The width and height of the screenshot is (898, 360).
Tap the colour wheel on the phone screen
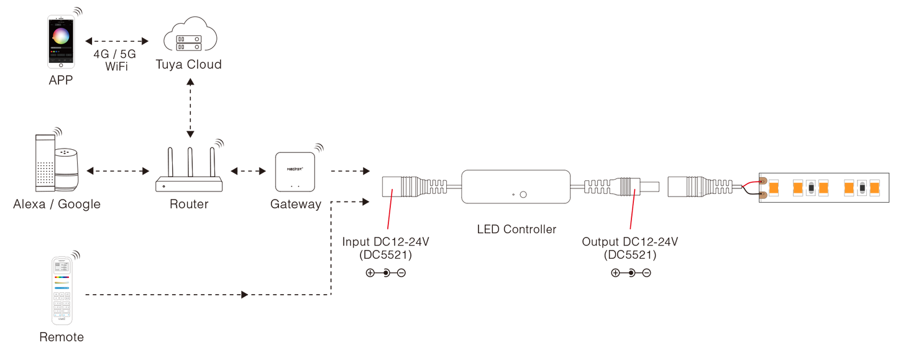point(62,35)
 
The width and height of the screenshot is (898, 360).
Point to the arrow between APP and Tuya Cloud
point(117,41)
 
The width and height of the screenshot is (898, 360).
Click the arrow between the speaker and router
point(118,170)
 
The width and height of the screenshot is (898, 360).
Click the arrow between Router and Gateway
point(248,170)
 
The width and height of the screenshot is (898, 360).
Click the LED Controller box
point(516,187)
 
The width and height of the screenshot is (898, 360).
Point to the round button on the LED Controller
point(522,194)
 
